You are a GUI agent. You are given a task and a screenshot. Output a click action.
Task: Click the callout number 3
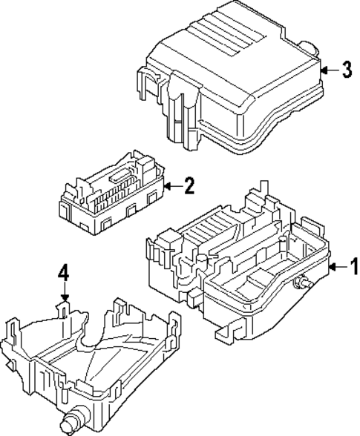346,71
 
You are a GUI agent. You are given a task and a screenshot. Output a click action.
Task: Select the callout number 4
64,280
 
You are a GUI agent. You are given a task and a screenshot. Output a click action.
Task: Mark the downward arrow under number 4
65,296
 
